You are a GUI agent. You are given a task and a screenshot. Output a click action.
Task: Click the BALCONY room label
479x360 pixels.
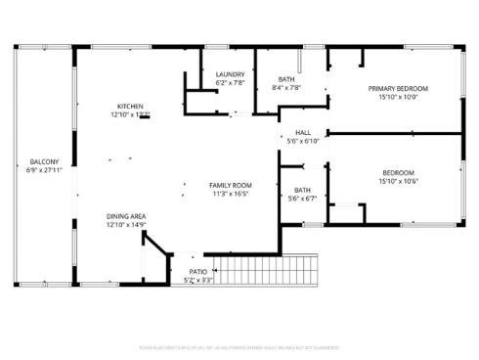coord(44,161)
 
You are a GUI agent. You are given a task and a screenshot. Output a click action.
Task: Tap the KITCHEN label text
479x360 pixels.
coord(130,106)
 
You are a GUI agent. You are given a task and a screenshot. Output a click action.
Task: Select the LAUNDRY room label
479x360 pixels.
coord(230,74)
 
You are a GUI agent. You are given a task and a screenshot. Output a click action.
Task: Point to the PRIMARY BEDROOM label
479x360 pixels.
coord(398,88)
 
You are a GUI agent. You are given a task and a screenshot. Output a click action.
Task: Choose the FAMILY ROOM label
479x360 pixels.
coord(231,185)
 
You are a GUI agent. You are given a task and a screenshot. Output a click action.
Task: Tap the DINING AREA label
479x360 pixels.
coord(126,216)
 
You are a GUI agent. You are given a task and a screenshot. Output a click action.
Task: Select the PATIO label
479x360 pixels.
coord(198,272)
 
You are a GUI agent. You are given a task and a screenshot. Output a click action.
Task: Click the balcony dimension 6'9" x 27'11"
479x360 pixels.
coord(44,170)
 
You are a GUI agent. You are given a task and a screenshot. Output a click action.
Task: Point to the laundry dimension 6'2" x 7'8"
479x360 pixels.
coord(230,83)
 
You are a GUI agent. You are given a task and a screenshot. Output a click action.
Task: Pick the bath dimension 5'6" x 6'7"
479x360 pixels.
coord(302,198)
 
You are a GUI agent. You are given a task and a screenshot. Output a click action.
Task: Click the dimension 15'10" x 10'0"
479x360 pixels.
coord(398,97)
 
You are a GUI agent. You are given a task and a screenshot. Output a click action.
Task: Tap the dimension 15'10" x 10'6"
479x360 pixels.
coord(398,181)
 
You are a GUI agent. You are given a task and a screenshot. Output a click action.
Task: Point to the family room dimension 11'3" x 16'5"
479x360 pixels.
coord(231,194)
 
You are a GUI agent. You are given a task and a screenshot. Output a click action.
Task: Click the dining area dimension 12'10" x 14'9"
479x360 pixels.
coord(126,225)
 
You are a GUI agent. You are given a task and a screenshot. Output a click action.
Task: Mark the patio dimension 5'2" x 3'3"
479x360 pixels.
coord(198,281)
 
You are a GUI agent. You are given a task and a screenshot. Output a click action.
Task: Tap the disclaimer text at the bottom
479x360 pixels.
coord(239,345)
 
